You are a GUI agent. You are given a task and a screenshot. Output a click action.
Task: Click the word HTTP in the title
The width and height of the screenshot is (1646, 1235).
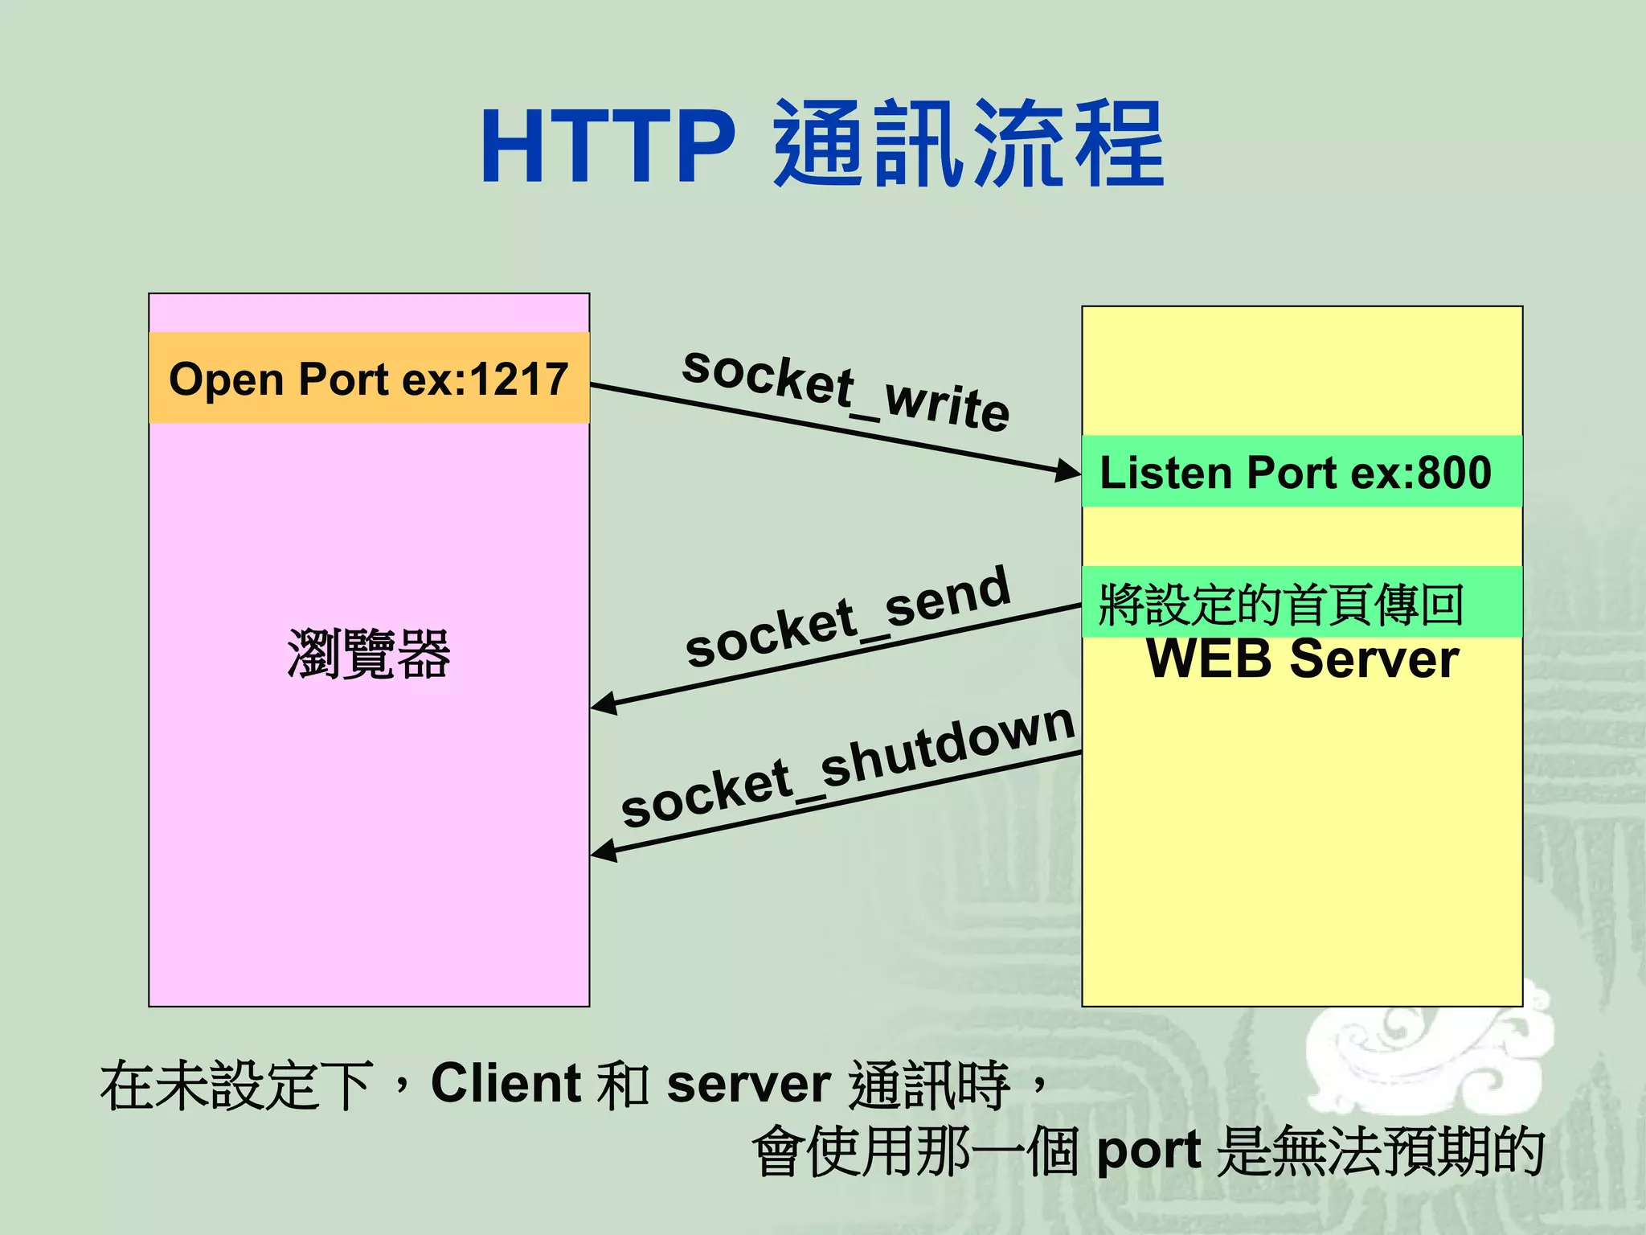coord(608,147)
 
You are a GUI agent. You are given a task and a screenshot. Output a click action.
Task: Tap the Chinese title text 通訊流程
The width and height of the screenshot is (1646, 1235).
coord(968,146)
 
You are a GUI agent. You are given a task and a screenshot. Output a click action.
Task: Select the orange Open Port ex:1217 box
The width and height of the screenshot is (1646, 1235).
coord(369,379)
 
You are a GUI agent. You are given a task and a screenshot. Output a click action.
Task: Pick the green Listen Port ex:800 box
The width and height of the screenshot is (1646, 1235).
coord(1301,472)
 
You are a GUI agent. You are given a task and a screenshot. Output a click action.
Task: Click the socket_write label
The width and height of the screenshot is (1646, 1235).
coord(846,389)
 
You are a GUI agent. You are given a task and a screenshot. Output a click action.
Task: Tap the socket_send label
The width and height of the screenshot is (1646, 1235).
coord(847,617)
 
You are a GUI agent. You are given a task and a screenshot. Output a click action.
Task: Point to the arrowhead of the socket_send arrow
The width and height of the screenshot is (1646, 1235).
coord(603,704)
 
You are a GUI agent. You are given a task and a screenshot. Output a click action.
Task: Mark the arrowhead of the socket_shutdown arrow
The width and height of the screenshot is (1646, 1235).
coord(603,851)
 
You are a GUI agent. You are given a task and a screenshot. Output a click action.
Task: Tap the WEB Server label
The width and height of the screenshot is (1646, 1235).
coord(1302,659)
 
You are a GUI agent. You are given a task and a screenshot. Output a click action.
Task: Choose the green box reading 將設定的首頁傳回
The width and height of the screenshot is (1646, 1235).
coord(1301,603)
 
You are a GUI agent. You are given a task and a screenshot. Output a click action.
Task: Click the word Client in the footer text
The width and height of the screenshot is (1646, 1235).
coord(506,1083)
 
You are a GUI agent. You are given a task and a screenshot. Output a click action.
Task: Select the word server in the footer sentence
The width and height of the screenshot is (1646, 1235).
coord(748,1085)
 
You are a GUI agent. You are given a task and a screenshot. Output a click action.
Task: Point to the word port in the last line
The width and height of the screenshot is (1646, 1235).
coord(1149,1151)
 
